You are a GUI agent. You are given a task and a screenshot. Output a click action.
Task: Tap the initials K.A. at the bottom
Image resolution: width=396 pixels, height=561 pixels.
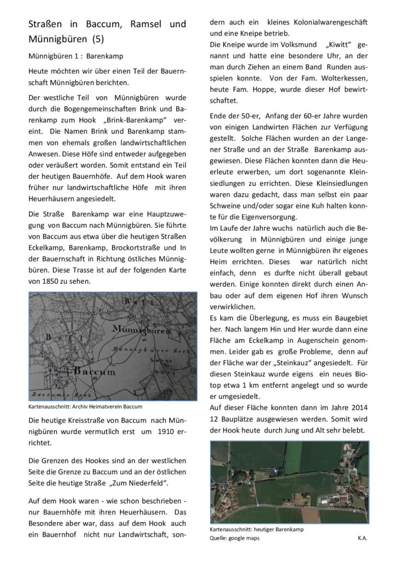click(x=362, y=538)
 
